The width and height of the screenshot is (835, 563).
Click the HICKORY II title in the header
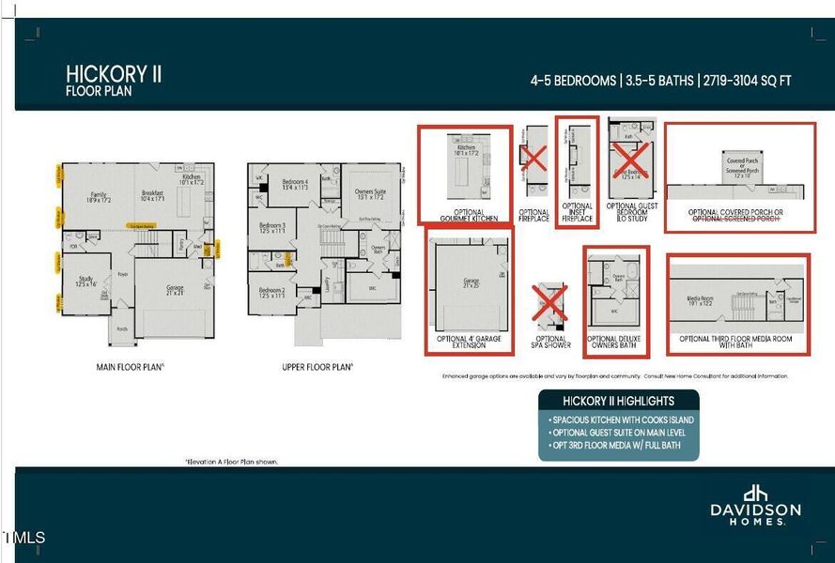114,74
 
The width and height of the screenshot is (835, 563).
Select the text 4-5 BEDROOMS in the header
573,81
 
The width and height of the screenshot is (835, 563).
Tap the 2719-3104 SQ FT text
745,81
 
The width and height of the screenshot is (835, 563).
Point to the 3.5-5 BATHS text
657,81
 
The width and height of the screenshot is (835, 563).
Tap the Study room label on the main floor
85,279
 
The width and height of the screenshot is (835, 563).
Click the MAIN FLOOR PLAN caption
131,367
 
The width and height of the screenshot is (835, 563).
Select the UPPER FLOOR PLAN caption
317,367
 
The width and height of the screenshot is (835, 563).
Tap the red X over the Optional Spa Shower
549,305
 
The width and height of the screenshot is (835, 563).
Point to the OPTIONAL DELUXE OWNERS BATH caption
616,342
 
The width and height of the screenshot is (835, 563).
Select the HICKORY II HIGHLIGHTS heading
618,401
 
